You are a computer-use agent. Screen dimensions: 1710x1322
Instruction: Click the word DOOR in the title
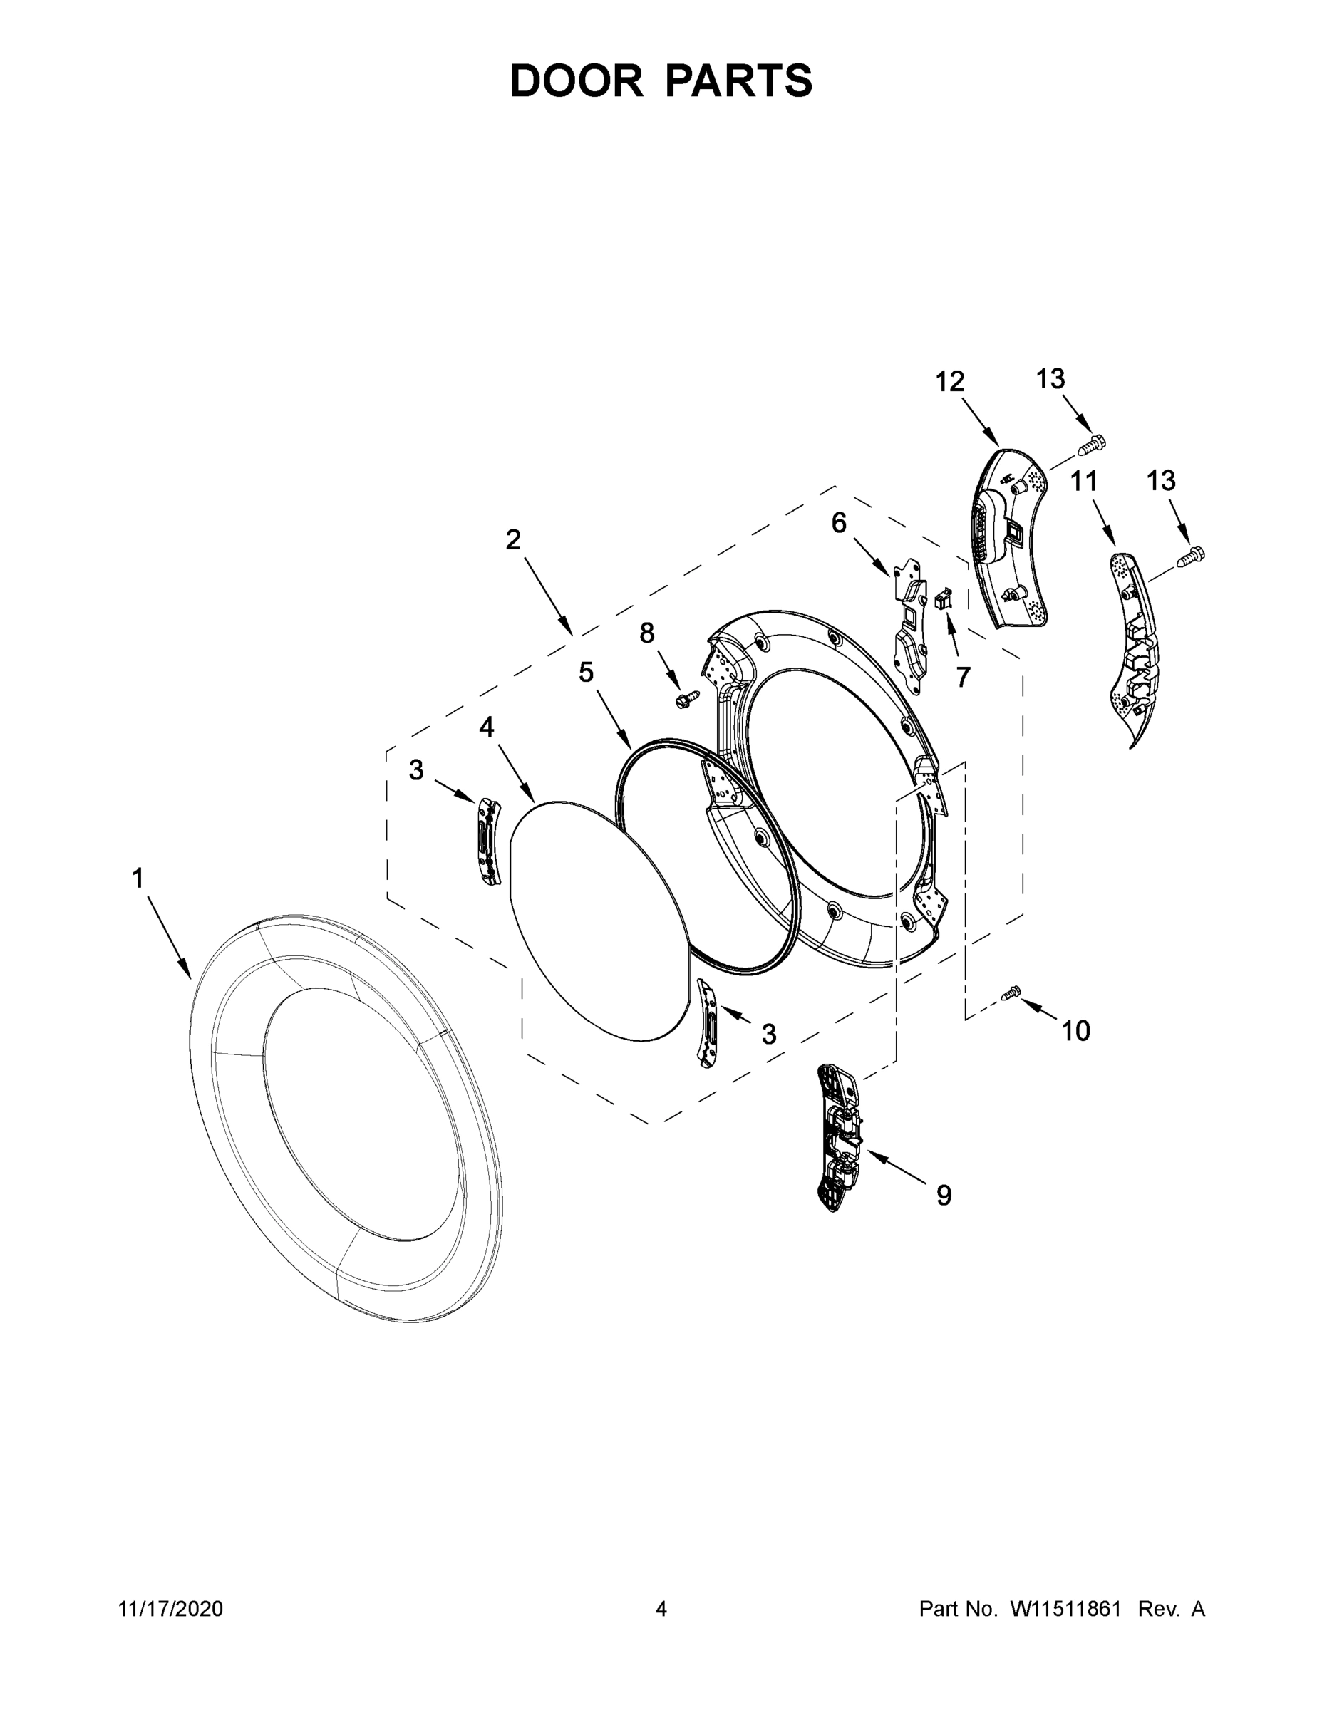(577, 81)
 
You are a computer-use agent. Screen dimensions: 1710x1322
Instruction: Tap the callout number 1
(138, 879)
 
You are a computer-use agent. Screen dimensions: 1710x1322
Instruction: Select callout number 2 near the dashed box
(513, 539)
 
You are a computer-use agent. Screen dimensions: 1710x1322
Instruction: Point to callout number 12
(949, 382)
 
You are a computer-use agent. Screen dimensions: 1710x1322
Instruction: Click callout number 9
(944, 1195)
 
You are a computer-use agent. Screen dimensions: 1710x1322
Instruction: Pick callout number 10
(1075, 1031)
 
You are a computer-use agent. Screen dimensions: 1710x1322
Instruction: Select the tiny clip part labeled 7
(943, 600)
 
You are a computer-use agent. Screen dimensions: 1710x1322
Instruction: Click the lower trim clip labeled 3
(706, 1023)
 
